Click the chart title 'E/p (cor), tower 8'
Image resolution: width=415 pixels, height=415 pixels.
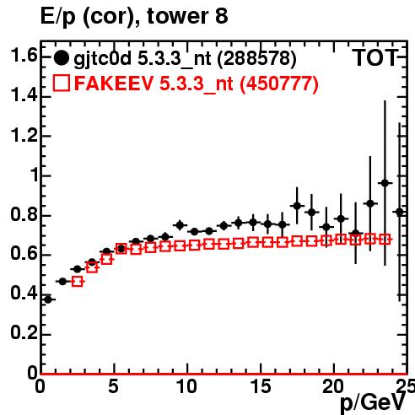coord(134,17)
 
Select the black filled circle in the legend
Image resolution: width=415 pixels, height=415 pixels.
coord(61,58)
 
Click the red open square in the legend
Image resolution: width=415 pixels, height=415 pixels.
coord(62,83)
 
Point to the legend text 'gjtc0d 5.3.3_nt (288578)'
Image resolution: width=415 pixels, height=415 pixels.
coord(185,59)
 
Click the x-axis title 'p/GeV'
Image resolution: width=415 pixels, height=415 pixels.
coord(373,403)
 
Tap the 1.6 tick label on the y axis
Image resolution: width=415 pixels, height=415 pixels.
coord(24,56)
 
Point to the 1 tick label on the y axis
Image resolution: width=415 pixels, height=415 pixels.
coord(35,175)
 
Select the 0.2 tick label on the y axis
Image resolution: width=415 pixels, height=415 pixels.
coord(24,332)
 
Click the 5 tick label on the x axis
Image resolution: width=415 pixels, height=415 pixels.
coord(113,386)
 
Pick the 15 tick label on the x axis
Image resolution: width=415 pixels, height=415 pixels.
coord(261,386)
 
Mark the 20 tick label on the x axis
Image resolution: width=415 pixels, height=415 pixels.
coord(333,386)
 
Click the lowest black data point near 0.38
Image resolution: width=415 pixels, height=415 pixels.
coord(48,299)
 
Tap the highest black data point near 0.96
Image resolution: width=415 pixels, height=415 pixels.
coord(385,183)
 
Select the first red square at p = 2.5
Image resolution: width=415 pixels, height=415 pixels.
coord(78,282)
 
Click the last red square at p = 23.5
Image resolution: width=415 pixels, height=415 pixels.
coord(385,240)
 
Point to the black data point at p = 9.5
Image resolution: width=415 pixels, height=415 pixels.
coord(180,225)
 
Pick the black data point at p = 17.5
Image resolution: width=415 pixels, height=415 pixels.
coord(297,206)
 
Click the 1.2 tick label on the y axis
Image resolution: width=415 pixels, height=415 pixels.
coord(24,135)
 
